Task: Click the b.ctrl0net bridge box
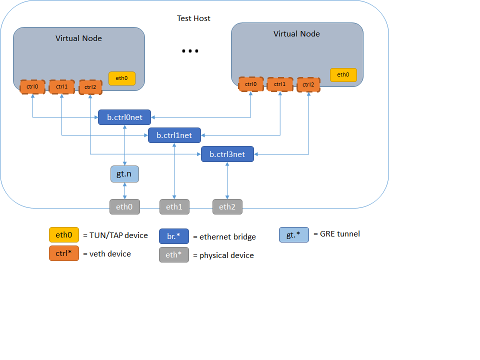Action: coord(124,117)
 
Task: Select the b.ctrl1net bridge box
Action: coord(174,135)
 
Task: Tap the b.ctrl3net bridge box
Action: coord(227,154)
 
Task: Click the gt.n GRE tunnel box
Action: coord(124,174)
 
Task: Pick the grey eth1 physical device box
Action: coord(174,206)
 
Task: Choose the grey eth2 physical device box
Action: coord(227,206)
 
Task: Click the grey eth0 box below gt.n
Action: coord(124,206)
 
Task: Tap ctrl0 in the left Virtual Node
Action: coord(32,87)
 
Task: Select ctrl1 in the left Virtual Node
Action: coord(62,87)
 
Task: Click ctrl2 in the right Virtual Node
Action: coord(308,85)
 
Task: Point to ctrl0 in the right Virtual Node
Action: coord(251,84)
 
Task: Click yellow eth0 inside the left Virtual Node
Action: coord(122,78)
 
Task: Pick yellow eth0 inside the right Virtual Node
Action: coord(343,75)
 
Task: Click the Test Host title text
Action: coord(194,18)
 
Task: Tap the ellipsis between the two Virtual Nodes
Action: coord(190,51)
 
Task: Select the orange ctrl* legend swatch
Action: coord(64,253)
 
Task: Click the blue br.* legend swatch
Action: coord(174,236)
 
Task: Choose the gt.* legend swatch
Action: coord(294,235)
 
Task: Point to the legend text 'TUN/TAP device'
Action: coord(119,235)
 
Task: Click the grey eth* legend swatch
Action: coord(174,254)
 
